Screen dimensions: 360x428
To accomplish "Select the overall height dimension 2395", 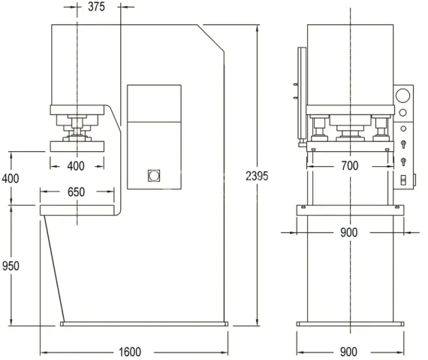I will coord(257,176).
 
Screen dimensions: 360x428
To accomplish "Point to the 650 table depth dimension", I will coord(76,192).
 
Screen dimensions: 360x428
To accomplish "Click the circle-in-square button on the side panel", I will coord(154,176).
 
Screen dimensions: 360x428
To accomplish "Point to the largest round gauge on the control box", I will coord(403,96).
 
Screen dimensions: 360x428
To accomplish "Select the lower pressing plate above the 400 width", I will coord(77,146).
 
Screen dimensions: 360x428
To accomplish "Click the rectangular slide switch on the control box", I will coord(403,180).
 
